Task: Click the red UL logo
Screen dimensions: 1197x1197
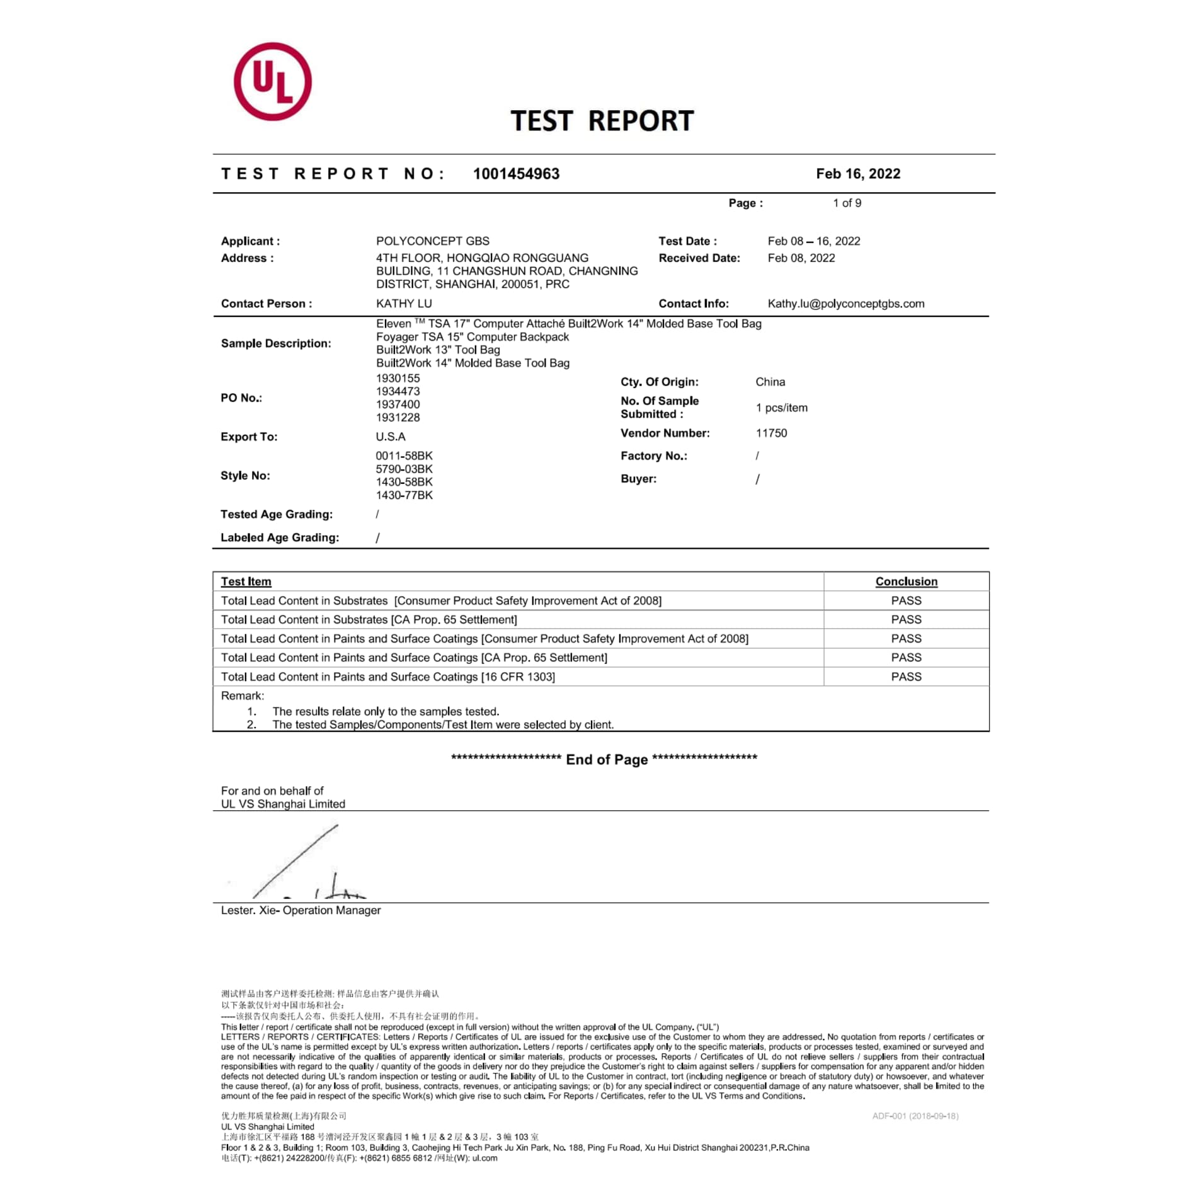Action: click(x=272, y=82)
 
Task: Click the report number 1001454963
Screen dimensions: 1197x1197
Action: click(x=516, y=174)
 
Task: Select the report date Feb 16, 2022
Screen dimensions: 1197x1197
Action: click(x=857, y=174)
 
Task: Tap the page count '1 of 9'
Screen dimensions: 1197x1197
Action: click(x=847, y=203)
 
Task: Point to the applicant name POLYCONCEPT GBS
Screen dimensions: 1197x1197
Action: click(x=432, y=241)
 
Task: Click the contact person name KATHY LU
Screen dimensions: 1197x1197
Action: click(x=404, y=304)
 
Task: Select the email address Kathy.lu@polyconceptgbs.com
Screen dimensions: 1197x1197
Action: click(x=845, y=304)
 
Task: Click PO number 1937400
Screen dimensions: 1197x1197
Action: click(x=398, y=404)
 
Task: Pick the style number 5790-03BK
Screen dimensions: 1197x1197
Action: click(x=404, y=469)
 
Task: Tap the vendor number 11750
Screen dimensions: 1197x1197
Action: click(x=771, y=433)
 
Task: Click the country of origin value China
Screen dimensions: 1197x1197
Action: click(x=770, y=382)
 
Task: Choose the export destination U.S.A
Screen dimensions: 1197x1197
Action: click(x=391, y=437)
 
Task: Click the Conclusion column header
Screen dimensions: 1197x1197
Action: click(x=906, y=581)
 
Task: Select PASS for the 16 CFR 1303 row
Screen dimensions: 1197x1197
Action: click(x=906, y=677)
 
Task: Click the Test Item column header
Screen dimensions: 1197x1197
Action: click(x=246, y=581)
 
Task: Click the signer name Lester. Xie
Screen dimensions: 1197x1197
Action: click(x=249, y=910)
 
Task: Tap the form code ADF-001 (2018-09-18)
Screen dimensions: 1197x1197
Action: click(x=915, y=1116)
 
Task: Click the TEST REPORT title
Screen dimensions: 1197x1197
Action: click(x=602, y=121)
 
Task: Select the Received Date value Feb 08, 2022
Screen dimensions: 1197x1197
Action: click(x=801, y=258)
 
